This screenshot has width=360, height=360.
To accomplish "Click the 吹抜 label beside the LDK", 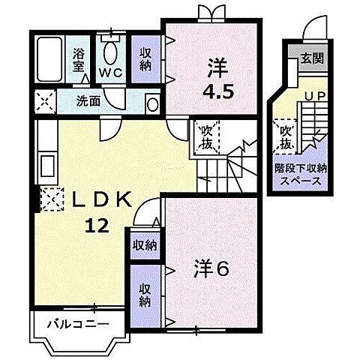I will pos(204,138).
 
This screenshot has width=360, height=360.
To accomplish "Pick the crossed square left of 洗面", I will pos(45,100).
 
